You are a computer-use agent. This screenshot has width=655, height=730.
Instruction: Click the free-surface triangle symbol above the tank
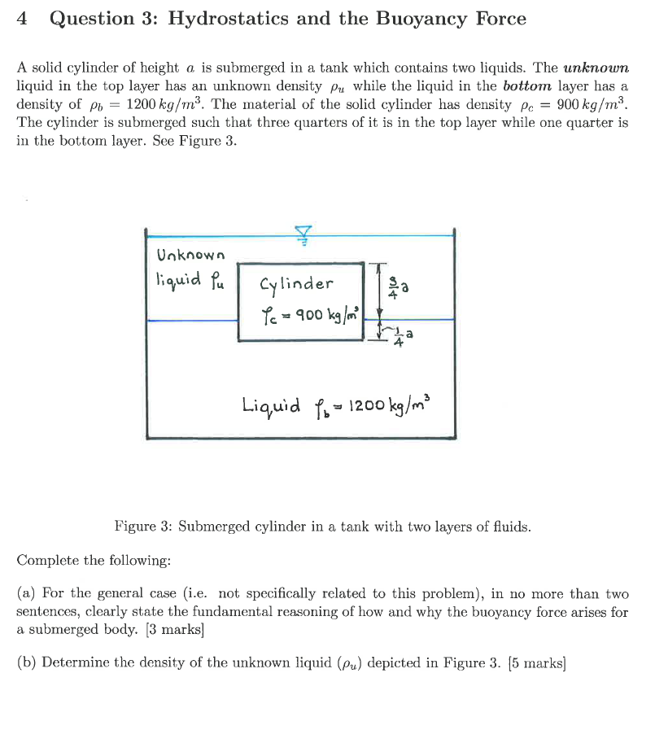click(303, 234)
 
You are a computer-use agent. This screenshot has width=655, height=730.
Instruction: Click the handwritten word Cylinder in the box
click(296, 284)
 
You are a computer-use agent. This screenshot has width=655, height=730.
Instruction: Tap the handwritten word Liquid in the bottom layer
click(270, 404)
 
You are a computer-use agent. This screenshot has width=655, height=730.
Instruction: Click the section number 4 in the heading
click(23, 19)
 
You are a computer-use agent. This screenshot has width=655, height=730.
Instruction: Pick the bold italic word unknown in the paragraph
click(596, 68)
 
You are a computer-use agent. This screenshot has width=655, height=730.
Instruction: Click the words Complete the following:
click(94, 560)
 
